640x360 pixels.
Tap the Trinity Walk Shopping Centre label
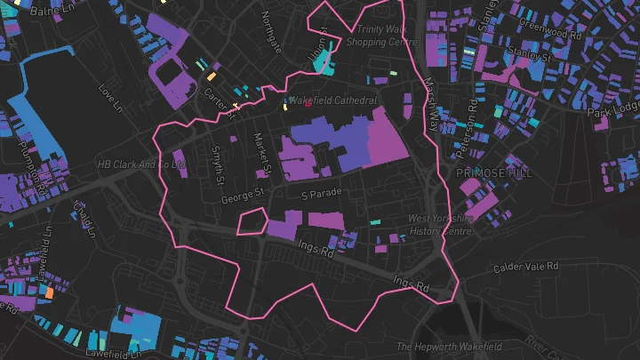pyautogui.click(x=381, y=36)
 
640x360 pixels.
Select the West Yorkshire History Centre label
pyautogui.click(x=439, y=224)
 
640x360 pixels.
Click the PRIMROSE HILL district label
pyautogui.click(x=493, y=173)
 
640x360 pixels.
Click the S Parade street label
pyautogui.click(x=321, y=195)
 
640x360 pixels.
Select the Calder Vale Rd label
pyautogui.click(x=526, y=266)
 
